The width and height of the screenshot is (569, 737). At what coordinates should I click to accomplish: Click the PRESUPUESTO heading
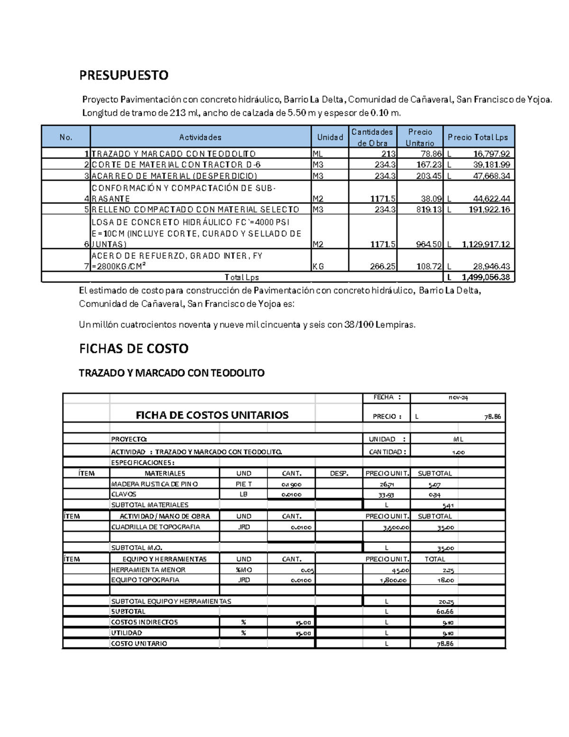tap(123, 75)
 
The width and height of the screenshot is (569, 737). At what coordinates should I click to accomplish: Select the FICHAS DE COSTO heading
tap(134, 348)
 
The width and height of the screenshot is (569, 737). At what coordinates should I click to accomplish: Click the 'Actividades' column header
tap(200, 137)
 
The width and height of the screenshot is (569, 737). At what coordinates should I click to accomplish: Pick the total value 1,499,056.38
tap(486, 277)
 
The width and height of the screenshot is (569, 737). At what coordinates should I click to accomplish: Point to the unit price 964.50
tap(429, 244)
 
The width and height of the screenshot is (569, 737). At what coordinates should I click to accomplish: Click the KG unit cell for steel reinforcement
tap(318, 266)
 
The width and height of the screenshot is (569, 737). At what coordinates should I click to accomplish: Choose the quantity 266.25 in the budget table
tap(383, 266)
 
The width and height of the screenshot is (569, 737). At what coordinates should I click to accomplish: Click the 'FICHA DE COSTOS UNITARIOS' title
tap(212, 415)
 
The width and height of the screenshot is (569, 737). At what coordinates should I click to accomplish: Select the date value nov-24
tap(458, 398)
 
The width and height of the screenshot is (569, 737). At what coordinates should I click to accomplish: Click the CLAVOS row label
tap(123, 494)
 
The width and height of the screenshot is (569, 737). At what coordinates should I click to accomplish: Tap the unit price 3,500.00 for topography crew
tap(396, 527)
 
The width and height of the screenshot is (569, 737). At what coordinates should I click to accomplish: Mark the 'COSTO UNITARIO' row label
tap(139, 644)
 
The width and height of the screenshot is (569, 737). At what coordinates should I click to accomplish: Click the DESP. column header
tap(339, 473)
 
